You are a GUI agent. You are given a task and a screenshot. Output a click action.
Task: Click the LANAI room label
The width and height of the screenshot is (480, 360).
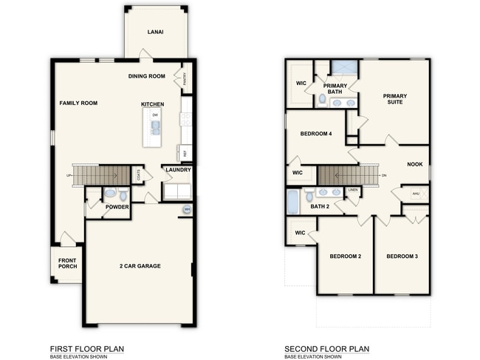155,32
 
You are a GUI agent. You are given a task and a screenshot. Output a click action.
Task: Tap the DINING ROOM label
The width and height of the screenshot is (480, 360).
146,76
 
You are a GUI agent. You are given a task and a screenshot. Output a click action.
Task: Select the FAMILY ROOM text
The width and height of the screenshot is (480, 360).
78,103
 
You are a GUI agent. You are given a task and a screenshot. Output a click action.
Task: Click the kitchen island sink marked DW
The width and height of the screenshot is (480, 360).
156,127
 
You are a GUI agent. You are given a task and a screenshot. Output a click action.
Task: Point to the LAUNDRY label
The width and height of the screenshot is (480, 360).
178,170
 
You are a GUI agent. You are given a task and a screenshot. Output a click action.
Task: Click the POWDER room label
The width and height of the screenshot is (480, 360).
117,207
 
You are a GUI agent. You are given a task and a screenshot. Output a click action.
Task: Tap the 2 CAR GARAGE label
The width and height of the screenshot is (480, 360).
140,265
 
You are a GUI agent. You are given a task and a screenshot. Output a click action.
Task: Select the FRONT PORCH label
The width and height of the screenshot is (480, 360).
67,263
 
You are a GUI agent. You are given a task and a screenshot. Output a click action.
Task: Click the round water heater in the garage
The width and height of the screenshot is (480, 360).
187,211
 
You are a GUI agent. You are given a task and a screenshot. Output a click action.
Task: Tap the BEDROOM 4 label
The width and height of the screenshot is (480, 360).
316,134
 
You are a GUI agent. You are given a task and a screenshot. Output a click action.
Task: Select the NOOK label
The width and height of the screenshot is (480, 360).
415,164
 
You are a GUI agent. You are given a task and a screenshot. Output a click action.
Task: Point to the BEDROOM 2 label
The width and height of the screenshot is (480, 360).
345,256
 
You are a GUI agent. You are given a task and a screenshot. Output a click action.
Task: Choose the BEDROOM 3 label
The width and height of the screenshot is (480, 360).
402,256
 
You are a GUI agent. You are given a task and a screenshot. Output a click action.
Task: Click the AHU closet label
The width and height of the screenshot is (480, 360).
415,193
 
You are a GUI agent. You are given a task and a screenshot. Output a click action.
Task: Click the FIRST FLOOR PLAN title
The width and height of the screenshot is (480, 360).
86,348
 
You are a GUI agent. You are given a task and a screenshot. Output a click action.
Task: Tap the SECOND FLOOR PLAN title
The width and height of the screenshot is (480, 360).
326,348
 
